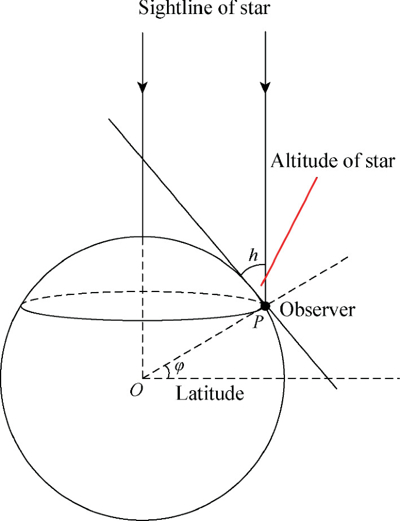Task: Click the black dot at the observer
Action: (x=265, y=305)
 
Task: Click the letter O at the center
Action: (x=135, y=391)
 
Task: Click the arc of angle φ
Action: (x=169, y=370)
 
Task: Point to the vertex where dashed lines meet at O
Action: (x=142, y=378)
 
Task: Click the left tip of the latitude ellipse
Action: (x=20, y=305)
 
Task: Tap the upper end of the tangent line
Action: (x=109, y=120)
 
